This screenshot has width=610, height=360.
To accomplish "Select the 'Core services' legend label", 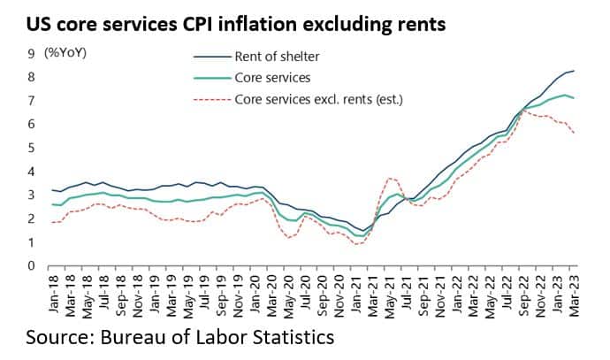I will tap(272, 78).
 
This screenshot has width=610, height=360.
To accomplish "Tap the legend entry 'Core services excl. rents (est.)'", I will tap(318, 99).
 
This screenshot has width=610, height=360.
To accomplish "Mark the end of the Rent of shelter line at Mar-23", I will tap(574, 71).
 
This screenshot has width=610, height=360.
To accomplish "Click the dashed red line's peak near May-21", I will tap(392, 179).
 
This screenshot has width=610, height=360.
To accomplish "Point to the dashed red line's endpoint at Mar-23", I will tap(574, 134).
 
